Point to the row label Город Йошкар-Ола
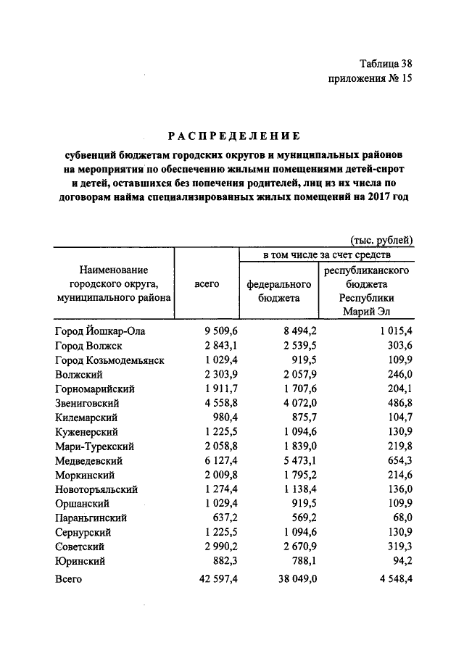[100, 331]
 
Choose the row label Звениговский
[87, 403]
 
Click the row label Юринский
[80, 561]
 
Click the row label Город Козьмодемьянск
[109, 360]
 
